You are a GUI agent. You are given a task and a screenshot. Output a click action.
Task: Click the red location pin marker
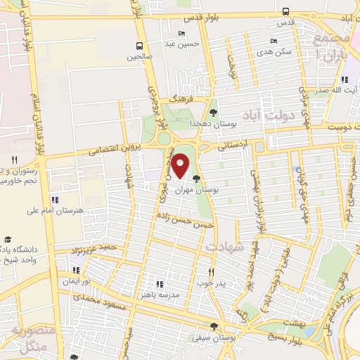tap(180, 166)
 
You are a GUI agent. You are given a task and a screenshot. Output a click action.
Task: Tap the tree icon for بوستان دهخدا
tap(213, 112)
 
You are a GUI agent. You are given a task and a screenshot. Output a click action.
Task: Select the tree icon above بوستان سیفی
tap(214, 326)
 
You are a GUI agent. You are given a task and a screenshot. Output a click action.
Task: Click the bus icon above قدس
tap(285, 11)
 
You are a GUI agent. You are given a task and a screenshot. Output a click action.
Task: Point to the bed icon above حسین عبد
tap(182, 33)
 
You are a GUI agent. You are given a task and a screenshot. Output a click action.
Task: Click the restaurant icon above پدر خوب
tap(210, 271)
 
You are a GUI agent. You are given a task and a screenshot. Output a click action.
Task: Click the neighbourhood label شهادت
tap(224, 248)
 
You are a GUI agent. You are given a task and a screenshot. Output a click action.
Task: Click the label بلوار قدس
tap(206, 17)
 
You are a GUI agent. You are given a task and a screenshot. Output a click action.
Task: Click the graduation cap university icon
tap(7, 240)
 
